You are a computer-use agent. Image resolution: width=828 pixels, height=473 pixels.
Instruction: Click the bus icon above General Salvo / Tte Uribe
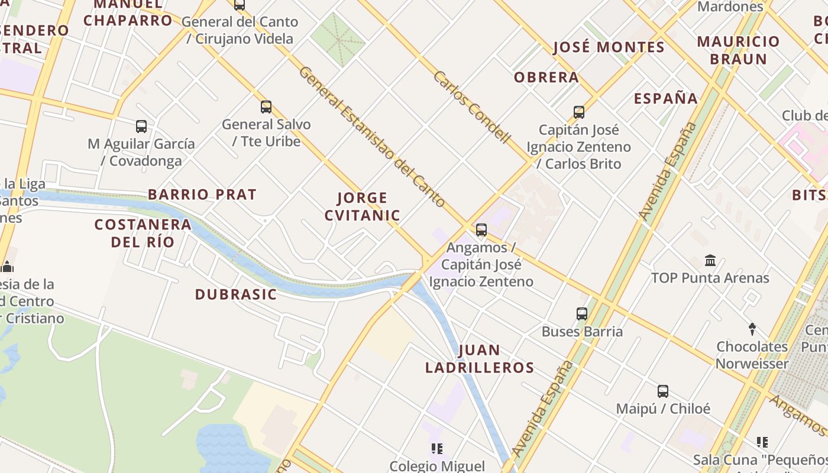tap(266, 107)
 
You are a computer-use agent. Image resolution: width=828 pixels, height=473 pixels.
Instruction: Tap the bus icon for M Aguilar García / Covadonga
tap(141, 126)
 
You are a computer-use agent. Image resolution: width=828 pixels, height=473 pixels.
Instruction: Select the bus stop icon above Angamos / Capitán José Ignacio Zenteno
tap(481, 230)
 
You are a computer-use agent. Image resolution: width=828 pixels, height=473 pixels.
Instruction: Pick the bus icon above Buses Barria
tap(582, 314)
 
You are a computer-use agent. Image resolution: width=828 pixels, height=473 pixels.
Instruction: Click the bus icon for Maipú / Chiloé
tap(663, 391)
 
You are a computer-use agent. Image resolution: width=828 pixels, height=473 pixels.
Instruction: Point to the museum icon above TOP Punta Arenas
tap(710, 260)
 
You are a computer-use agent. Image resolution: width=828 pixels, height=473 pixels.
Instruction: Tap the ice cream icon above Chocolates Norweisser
tap(752, 329)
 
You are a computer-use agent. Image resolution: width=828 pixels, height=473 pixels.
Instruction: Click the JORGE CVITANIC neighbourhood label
tap(363, 206)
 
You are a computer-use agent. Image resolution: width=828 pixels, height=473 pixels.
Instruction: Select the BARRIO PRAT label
tap(202, 195)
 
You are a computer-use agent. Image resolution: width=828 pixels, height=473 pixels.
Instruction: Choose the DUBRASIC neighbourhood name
tap(236, 294)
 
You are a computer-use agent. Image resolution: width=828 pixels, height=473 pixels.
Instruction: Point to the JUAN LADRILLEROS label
tap(480, 359)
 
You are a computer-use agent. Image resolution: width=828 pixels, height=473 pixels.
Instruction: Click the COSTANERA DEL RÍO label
tap(143, 233)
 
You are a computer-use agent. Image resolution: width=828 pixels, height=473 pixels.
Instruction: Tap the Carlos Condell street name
tap(471, 107)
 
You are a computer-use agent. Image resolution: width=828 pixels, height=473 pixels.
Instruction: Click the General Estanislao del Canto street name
tap(372, 137)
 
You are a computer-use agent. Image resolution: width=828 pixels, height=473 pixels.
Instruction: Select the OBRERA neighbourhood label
tap(546, 77)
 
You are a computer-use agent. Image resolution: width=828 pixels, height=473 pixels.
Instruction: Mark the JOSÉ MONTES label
tap(609, 47)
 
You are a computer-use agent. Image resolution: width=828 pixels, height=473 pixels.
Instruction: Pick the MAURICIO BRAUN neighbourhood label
tap(739, 50)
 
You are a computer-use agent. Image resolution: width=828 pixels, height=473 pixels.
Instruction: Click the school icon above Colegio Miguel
tap(437, 449)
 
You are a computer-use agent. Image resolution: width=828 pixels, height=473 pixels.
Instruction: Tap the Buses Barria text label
tap(582, 332)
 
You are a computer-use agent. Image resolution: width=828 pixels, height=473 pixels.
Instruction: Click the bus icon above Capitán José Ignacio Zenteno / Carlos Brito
tap(579, 112)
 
